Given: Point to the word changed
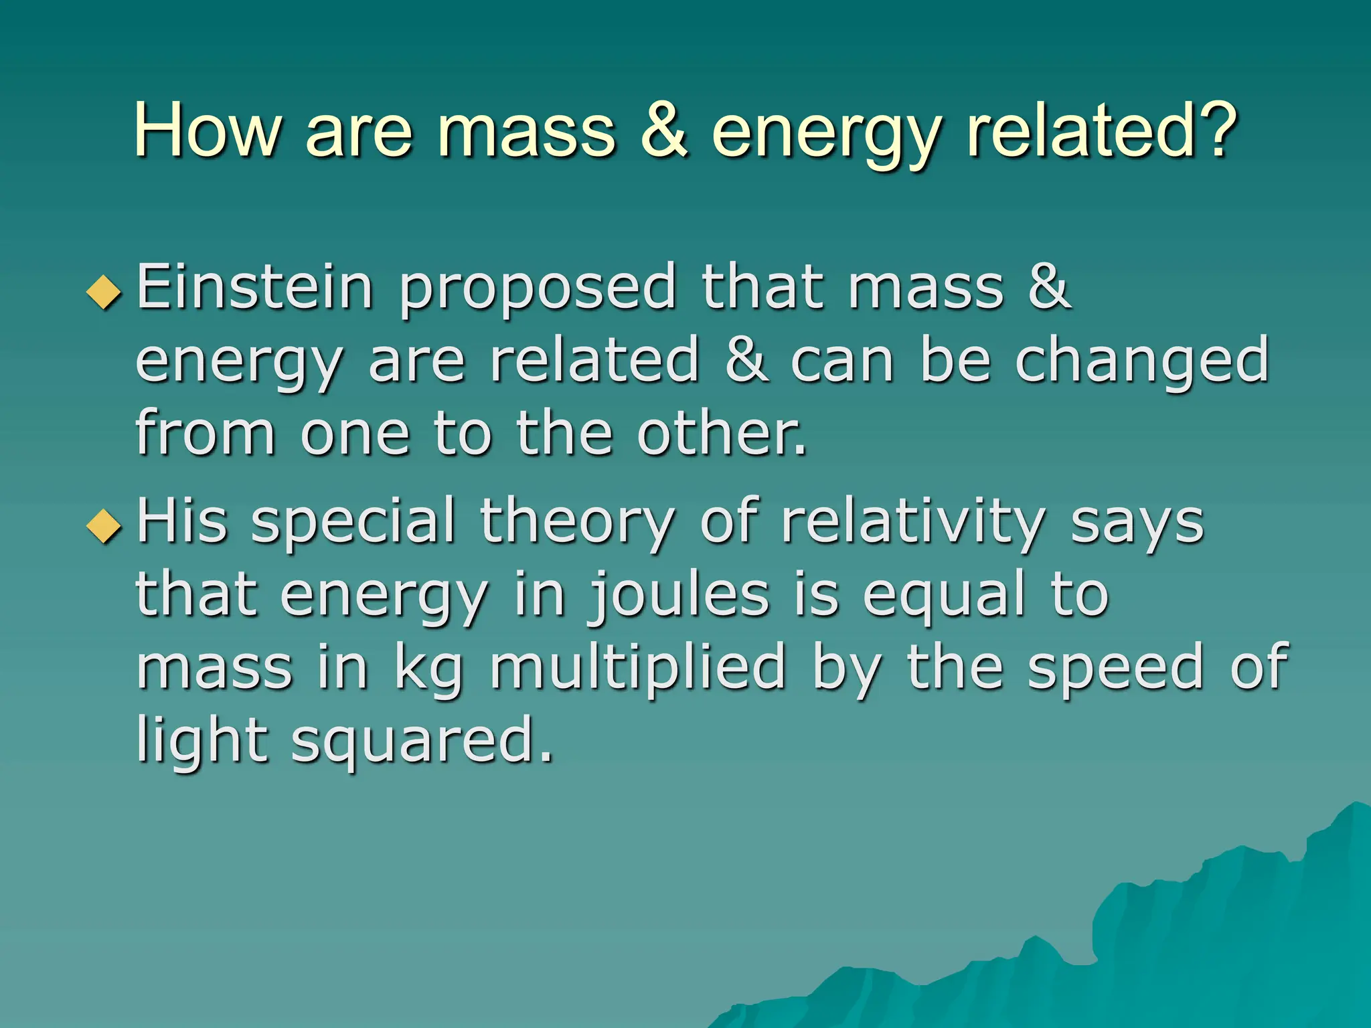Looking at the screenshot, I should coord(1141,361).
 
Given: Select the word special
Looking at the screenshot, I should coord(353,525).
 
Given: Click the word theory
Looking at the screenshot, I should coord(577,525).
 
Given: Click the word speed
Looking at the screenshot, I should coord(1115,668).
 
